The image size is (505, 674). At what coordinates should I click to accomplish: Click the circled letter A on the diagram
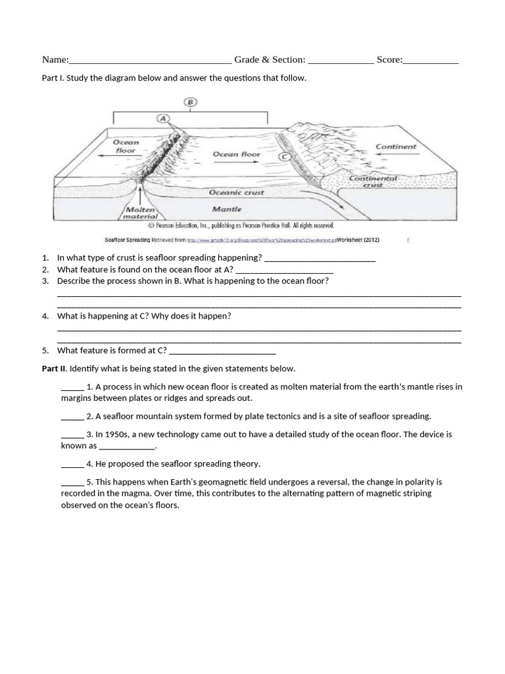163,118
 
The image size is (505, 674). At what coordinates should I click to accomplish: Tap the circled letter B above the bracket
191,102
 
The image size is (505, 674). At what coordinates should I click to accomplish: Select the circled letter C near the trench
284,157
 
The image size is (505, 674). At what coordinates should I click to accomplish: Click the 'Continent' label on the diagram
396,147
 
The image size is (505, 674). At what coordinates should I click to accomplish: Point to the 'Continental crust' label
373,182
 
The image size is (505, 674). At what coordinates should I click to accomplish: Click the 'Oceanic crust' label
236,192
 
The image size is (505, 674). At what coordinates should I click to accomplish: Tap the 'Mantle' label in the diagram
227,209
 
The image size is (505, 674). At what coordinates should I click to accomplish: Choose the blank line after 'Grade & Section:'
341,62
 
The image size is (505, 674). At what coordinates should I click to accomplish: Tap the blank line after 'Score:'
431,62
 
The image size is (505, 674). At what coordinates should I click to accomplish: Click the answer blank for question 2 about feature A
284,271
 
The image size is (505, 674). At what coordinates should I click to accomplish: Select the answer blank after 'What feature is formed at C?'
222,352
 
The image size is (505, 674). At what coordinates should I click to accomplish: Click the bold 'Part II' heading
53,369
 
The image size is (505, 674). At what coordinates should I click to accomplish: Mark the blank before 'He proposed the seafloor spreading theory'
72,465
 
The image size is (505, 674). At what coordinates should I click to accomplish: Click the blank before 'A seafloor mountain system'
72,418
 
